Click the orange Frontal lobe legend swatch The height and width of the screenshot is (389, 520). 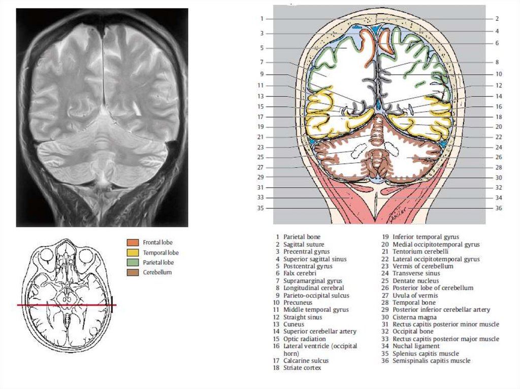coord(133,242)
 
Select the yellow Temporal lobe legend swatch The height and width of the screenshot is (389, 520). coord(133,253)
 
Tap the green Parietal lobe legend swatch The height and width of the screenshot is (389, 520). coord(133,263)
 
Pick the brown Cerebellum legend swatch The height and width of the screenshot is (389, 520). coord(133,272)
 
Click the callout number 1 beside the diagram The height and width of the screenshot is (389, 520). coord(262,19)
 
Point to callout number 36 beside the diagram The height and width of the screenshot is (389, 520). coord(498,208)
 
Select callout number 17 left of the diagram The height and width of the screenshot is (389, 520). coord(261,117)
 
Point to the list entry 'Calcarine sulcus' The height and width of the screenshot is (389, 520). coord(306,361)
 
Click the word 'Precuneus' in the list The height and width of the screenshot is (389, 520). coord(298,302)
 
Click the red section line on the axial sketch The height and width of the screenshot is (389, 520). coord(66,305)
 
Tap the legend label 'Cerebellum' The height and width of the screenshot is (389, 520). coord(157,272)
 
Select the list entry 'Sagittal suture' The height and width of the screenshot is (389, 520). coord(304,244)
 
